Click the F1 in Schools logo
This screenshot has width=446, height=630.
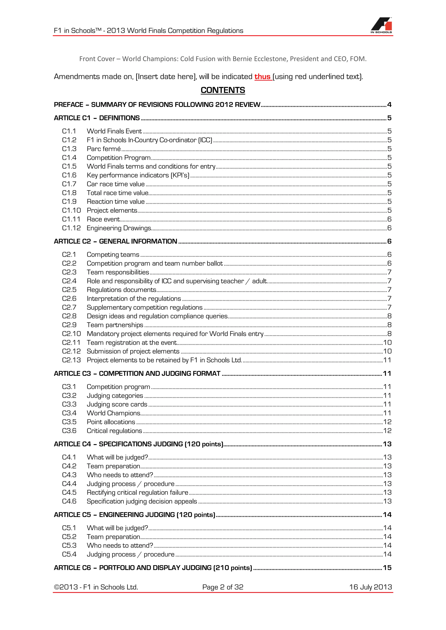(x=382, y=25)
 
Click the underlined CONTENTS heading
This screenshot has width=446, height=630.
(x=223, y=90)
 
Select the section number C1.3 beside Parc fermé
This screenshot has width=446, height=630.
(x=69, y=149)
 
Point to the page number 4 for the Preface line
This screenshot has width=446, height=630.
(x=389, y=104)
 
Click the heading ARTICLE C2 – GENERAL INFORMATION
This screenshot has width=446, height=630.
(x=115, y=241)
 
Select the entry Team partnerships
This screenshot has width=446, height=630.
(x=115, y=325)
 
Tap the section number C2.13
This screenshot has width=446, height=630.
(x=71, y=360)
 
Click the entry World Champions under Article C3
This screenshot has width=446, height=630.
(x=113, y=413)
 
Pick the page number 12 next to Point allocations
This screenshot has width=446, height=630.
(x=387, y=422)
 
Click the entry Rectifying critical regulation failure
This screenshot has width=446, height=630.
(x=137, y=492)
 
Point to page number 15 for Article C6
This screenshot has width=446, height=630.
(x=387, y=568)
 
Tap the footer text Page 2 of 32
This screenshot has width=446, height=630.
(x=223, y=587)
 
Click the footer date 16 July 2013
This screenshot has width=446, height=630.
(x=370, y=587)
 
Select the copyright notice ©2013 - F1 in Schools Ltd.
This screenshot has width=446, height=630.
(x=96, y=587)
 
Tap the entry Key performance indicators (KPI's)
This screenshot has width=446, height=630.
(x=138, y=175)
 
